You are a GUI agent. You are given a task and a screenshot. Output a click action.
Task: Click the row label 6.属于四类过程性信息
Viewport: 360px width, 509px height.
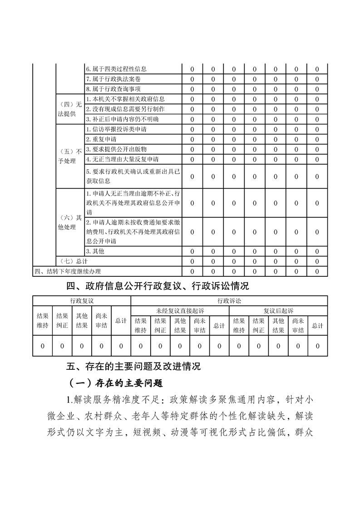tap(116, 69)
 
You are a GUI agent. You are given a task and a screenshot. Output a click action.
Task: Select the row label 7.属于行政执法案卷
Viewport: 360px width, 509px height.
tap(113, 79)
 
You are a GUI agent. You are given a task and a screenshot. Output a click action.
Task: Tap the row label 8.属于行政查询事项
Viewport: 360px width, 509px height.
tap(113, 89)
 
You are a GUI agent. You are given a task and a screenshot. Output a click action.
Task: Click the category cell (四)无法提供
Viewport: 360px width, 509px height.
tap(69, 109)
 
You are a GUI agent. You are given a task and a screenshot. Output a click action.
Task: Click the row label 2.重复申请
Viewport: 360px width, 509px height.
tap(101, 139)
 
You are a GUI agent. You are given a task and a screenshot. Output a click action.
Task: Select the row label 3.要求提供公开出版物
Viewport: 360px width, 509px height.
tap(116, 149)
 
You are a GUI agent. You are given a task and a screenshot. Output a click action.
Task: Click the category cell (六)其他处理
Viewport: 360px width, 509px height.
tap(69, 222)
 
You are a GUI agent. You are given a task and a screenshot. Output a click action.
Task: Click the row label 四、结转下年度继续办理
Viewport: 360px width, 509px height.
tap(68, 271)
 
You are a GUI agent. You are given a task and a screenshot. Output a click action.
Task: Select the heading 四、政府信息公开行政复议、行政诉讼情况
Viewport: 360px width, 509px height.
tap(158, 286)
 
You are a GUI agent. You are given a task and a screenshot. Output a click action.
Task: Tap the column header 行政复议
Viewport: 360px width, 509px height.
tap(82, 301)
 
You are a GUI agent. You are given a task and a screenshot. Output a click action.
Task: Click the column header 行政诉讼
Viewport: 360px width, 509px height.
tap(229, 301)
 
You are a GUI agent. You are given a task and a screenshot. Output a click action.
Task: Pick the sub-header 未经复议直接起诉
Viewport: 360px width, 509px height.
tap(180, 311)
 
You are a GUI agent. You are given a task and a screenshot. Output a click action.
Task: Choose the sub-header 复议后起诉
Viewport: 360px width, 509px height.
tap(278, 311)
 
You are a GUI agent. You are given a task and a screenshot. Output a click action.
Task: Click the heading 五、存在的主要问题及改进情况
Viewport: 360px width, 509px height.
tap(133, 366)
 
